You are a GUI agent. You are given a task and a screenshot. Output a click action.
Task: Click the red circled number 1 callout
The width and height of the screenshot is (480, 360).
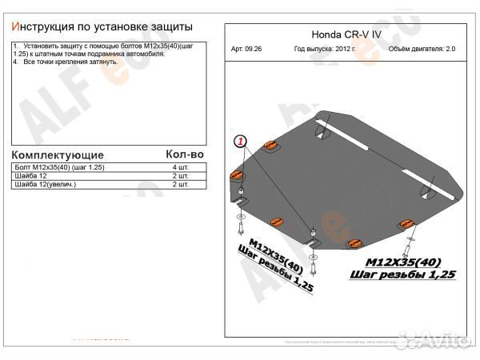coord(241,142)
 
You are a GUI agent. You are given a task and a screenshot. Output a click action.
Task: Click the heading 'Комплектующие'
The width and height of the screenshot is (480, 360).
coord(57,154)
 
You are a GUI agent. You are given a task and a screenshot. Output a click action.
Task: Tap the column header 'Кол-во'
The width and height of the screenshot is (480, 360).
coord(185,154)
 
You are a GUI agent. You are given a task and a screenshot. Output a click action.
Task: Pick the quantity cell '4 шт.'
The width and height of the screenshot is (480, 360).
coord(181,166)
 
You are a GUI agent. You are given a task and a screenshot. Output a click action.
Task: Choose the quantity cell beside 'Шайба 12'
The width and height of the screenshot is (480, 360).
coord(181,175)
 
